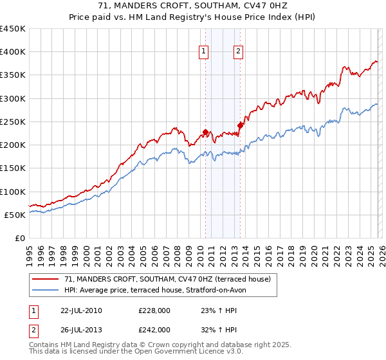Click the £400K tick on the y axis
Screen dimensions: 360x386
point(13,52)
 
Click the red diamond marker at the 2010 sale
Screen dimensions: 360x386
point(205,132)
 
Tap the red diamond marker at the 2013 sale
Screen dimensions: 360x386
point(240,125)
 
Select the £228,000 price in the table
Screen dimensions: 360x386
point(154,310)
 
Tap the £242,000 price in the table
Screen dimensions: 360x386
point(154,329)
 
